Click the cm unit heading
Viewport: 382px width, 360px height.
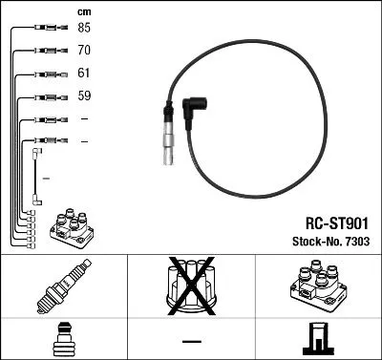(x=83, y=11)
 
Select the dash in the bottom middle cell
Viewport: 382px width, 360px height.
(x=190, y=339)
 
